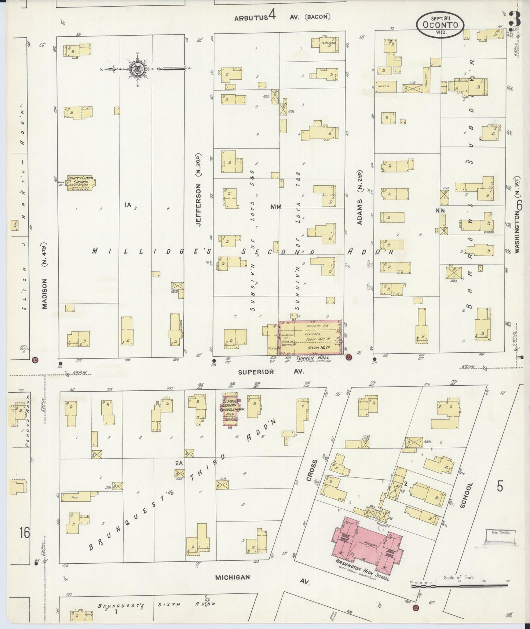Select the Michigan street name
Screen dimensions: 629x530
[233, 577]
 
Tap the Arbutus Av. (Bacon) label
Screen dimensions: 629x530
[282, 17]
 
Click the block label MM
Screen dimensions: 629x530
[276, 207]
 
